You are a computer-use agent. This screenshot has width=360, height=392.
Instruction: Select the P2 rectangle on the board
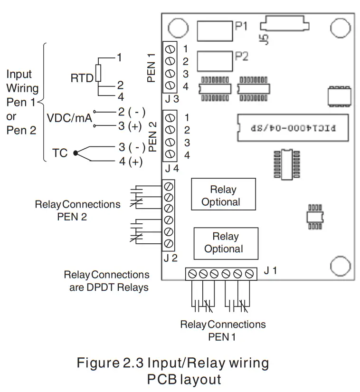point(214,60)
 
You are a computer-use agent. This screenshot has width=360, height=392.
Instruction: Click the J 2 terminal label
point(171,258)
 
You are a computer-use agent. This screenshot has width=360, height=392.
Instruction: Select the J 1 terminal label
point(270,271)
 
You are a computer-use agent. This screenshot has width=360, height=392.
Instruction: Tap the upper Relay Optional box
point(223,195)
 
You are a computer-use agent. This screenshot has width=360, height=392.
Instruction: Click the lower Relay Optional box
point(225,242)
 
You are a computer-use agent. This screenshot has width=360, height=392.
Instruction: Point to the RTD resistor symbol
point(98,73)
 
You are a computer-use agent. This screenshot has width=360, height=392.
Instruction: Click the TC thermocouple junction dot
point(76,153)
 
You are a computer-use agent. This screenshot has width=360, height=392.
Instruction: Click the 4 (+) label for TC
point(131,162)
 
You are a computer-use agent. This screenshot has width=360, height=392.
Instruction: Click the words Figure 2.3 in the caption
point(110,363)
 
